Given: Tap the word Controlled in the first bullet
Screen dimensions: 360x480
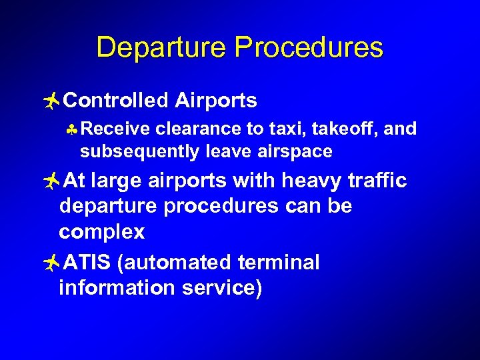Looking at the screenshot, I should (x=117, y=101).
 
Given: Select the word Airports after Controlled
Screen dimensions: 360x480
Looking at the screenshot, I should (x=216, y=101).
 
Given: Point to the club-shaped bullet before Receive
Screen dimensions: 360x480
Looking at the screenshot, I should (x=73, y=129).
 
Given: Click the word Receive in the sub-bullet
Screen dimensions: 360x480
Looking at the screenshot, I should (x=111, y=128).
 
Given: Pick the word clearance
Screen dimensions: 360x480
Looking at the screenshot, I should (x=193, y=128).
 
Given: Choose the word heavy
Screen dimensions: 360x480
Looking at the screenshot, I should (x=313, y=181).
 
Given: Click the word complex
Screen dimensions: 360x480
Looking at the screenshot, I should (x=101, y=232).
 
